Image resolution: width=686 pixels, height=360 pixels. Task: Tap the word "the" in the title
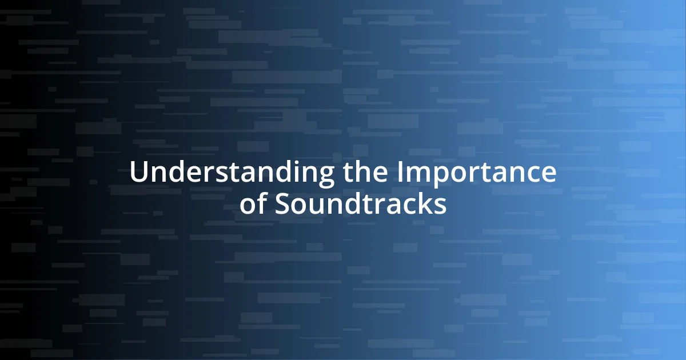click(367, 173)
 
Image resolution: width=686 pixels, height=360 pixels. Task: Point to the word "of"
click(253, 205)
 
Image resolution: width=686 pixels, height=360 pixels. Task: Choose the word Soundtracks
click(361, 205)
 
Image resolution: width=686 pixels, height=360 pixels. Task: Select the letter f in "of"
click(262, 205)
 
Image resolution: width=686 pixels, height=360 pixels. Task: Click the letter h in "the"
click(366, 173)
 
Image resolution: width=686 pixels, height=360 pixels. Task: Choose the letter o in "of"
click(248, 206)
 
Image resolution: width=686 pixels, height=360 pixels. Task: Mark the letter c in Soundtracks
click(413, 206)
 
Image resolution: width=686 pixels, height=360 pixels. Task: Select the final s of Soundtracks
click(440, 206)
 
